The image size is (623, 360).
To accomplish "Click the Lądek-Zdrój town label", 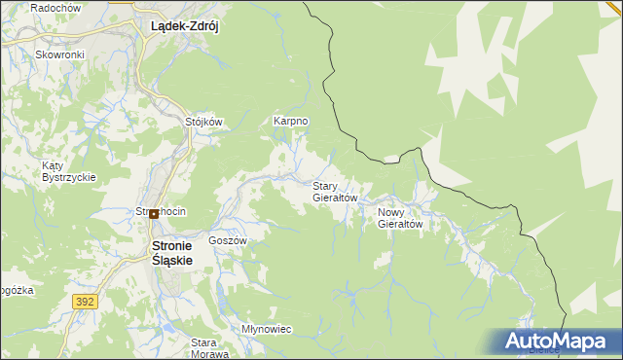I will click(x=185, y=27).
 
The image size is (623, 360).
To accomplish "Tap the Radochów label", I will click(x=54, y=8).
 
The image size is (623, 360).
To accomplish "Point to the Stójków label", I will click(x=204, y=122).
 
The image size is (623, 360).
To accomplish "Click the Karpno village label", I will click(x=290, y=122).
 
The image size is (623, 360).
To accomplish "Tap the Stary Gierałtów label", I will click(x=335, y=191).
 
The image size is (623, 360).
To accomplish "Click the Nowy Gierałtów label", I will click(x=400, y=217).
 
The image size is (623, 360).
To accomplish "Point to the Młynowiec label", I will click(x=266, y=329).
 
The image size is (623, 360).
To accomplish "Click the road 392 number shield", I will click(x=84, y=303).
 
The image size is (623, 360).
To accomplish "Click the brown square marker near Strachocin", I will click(x=154, y=213).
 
